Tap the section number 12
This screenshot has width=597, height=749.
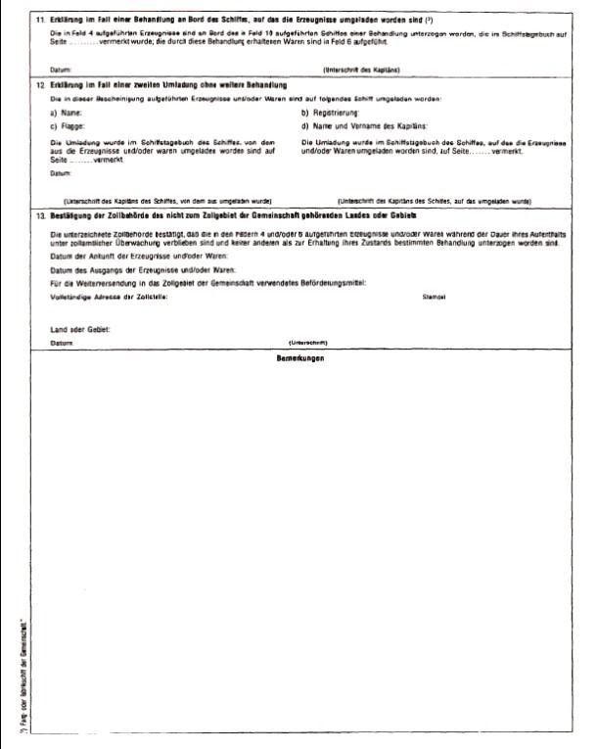tap(38, 87)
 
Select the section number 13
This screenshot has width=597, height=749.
tap(38, 214)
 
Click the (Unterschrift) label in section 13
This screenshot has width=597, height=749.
tap(308, 343)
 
